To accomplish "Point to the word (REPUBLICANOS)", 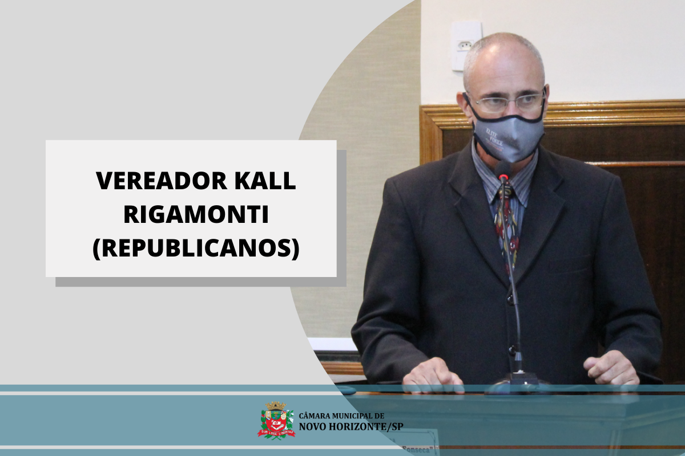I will tap(196, 249).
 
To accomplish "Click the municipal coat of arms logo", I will tap(276, 420).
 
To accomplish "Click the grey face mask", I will tap(507, 137).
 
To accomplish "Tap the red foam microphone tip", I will tap(503, 177).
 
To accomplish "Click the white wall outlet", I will tap(466, 46).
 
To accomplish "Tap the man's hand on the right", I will tap(610, 368).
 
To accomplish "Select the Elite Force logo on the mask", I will tap(494, 137).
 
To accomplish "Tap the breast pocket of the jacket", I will tap(571, 265).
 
